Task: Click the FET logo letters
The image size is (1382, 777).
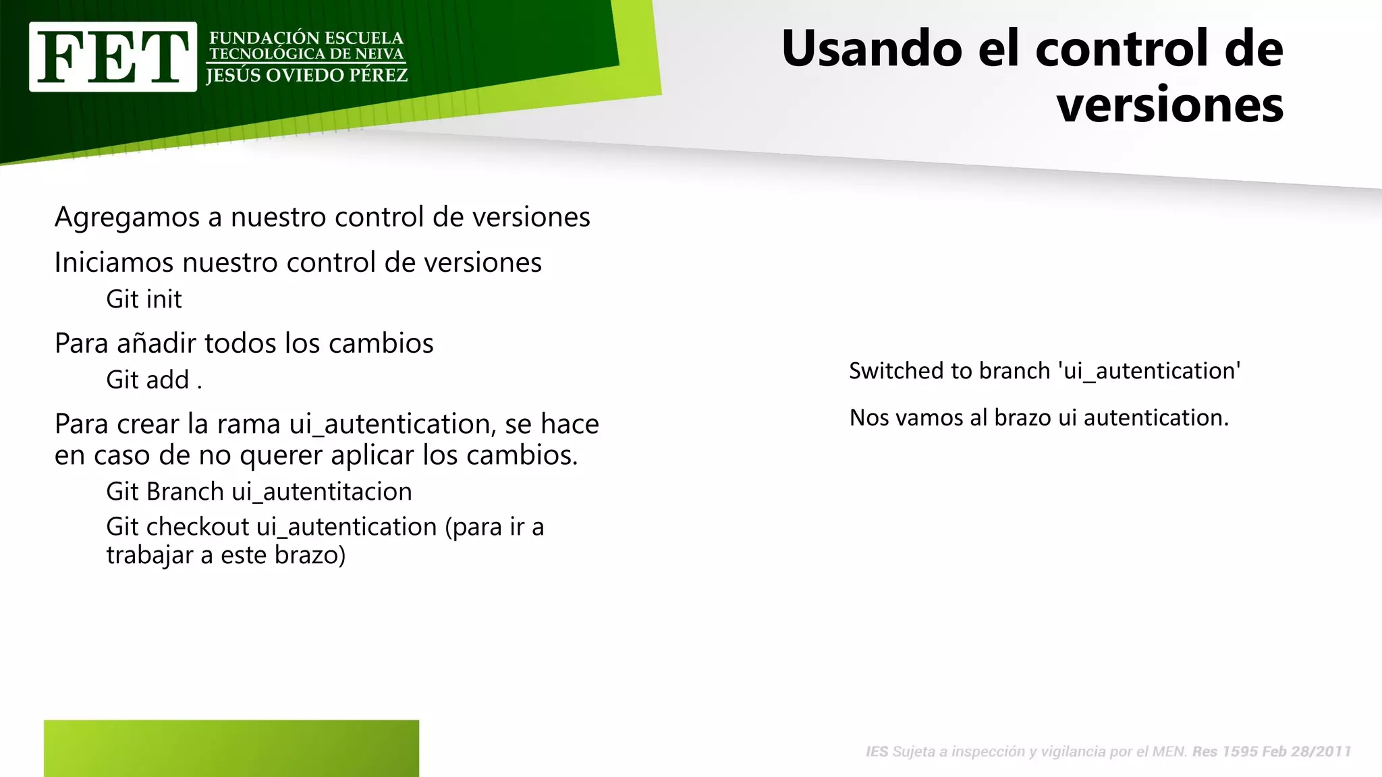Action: tap(113, 57)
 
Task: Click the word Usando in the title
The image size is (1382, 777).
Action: tap(871, 49)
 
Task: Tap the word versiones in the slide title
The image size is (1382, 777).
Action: tap(1169, 105)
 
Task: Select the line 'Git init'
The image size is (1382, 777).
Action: tap(144, 299)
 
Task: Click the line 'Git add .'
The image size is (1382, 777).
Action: tap(154, 380)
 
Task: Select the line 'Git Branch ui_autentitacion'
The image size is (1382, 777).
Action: tap(258, 492)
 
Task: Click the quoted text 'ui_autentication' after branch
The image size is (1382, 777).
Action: tap(1149, 371)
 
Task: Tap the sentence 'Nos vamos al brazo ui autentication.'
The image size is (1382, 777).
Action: tap(1039, 418)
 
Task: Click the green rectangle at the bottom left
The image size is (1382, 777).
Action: tap(231, 748)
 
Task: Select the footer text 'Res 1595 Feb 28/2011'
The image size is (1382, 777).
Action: tap(1271, 752)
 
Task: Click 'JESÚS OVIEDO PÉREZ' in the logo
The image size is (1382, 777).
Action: tap(307, 76)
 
